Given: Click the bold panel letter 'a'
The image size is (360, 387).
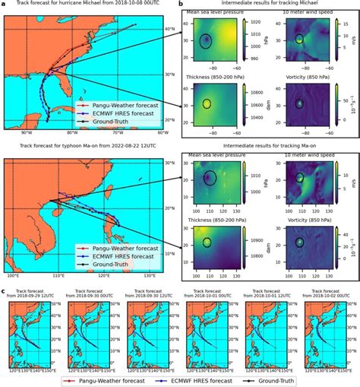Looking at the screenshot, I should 3,4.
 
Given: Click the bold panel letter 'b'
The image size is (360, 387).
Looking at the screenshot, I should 182,4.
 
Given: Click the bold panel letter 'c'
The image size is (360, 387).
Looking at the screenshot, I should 3,290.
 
